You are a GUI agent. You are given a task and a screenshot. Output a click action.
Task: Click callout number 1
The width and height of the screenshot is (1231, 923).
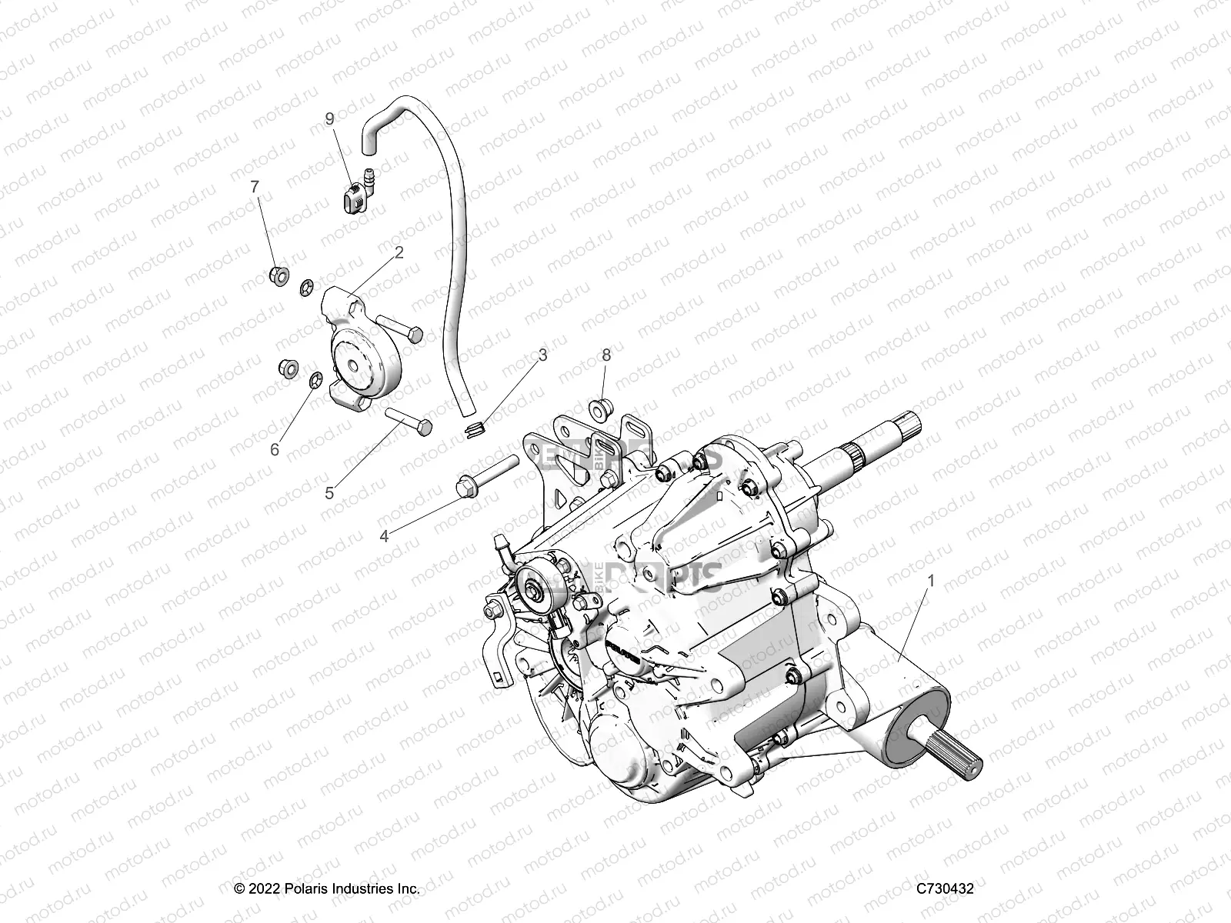tap(909, 582)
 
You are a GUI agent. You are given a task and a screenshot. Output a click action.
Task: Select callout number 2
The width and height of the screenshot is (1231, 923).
tap(399, 253)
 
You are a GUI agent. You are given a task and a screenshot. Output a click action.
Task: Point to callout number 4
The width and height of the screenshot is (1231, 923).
tap(384, 536)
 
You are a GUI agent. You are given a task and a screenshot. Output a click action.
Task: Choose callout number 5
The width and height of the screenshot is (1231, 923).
tap(329, 493)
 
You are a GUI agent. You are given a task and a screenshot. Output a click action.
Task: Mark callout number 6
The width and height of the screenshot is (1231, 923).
tap(275, 450)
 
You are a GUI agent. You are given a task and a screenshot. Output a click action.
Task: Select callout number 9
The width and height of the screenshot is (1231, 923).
tap(329, 118)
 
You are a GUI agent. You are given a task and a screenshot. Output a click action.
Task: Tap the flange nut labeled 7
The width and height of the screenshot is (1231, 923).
tap(279, 274)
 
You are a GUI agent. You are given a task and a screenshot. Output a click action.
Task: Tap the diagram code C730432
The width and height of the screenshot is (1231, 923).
tap(945, 889)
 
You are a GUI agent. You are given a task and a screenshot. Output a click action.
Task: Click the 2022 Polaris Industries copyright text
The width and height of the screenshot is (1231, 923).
tap(327, 889)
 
